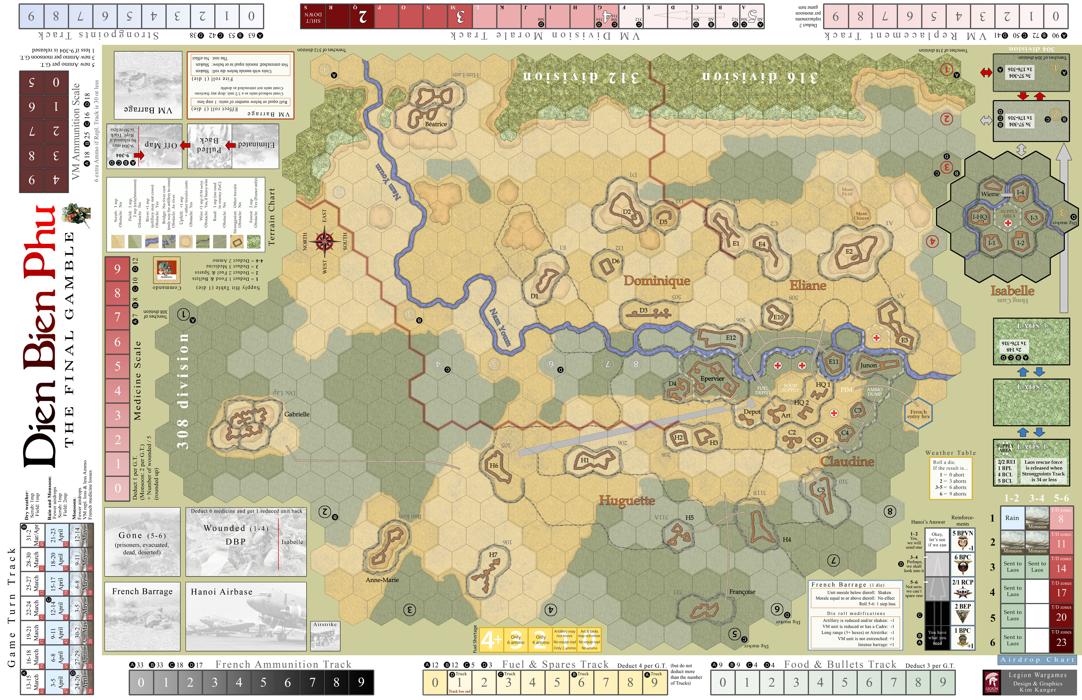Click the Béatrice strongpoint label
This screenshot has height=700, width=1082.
[436, 124]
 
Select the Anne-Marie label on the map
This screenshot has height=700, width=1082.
[382, 580]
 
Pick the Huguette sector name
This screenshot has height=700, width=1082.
[626, 500]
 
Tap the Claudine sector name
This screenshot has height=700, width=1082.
[847, 461]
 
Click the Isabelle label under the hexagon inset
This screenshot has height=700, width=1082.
[1012, 291]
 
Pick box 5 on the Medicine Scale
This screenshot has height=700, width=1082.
[117, 366]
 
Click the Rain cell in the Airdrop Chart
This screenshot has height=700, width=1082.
[1012, 518]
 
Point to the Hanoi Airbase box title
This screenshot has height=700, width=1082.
[221, 592]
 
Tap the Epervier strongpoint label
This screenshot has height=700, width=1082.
[712, 379]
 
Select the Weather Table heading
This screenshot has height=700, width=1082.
[950, 453]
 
